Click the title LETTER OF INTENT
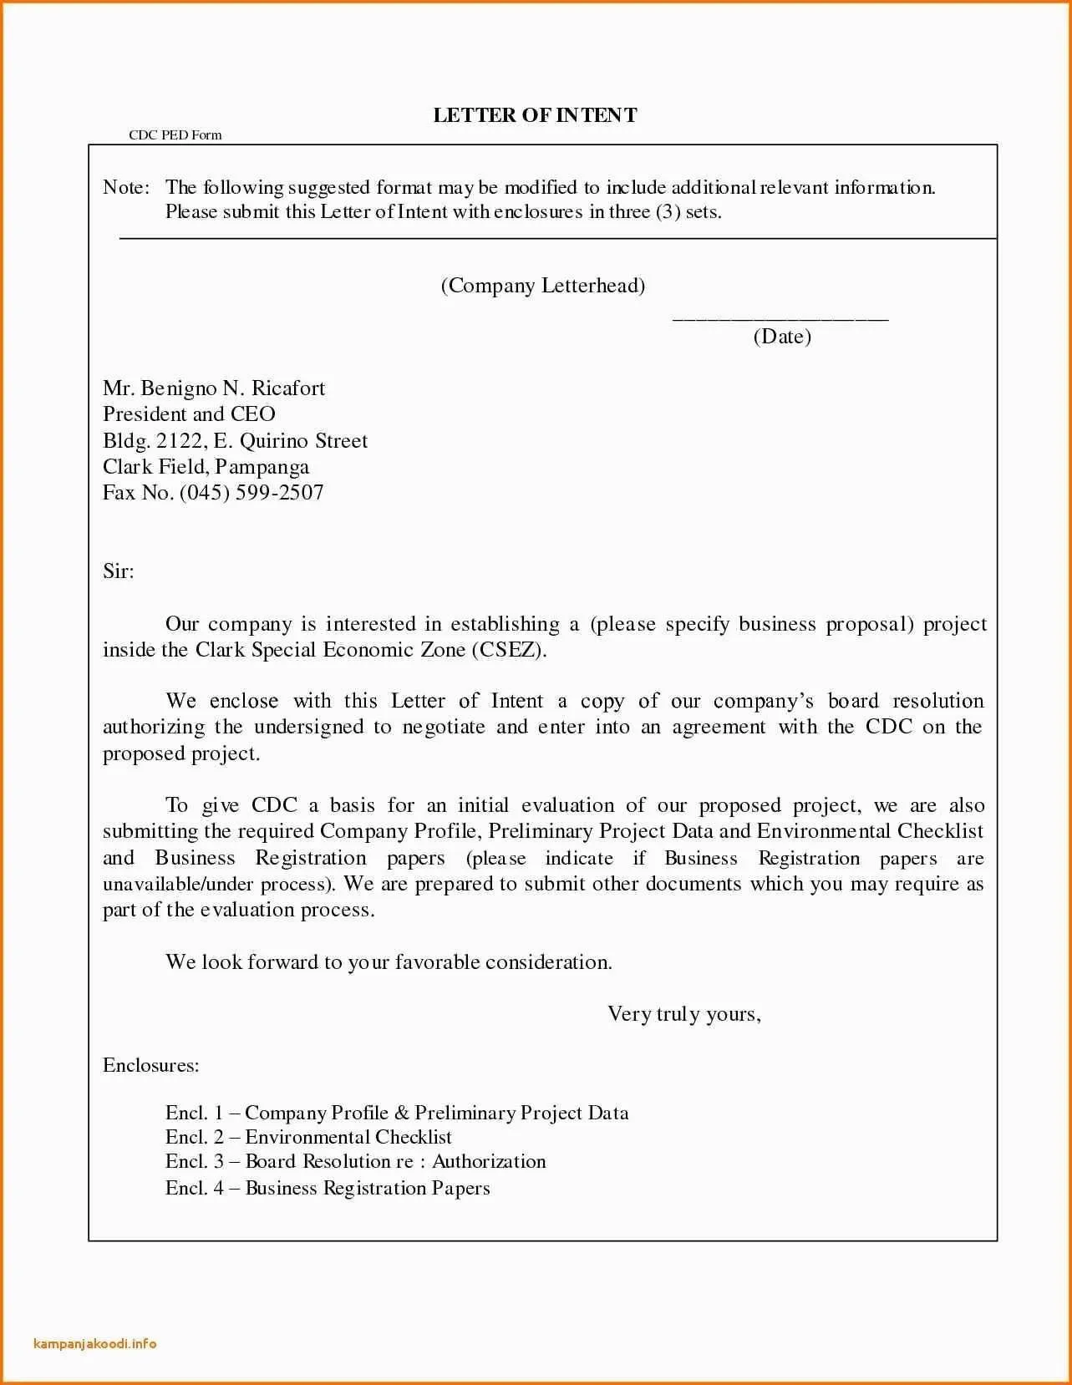pyautogui.click(x=535, y=115)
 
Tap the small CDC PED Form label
pyautogui.click(x=175, y=135)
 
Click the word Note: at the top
pyautogui.click(x=126, y=187)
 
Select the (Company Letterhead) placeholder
pyautogui.click(x=543, y=286)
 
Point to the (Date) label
pyautogui.click(x=782, y=337)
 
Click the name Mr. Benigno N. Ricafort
pyautogui.click(x=214, y=388)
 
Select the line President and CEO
pyautogui.click(x=189, y=414)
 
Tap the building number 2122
pyautogui.click(x=179, y=441)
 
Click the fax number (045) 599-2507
pyautogui.click(x=251, y=493)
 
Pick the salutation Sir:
pyautogui.click(x=119, y=571)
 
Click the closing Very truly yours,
pyautogui.click(x=684, y=1014)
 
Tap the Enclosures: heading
pyautogui.click(x=151, y=1066)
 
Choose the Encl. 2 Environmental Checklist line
pyautogui.click(x=308, y=1137)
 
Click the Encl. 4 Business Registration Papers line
pyautogui.click(x=328, y=1188)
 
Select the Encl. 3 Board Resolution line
pyautogui.click(x=355, y=1162)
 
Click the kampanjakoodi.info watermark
pyautogui.click(x=95, y=1344)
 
